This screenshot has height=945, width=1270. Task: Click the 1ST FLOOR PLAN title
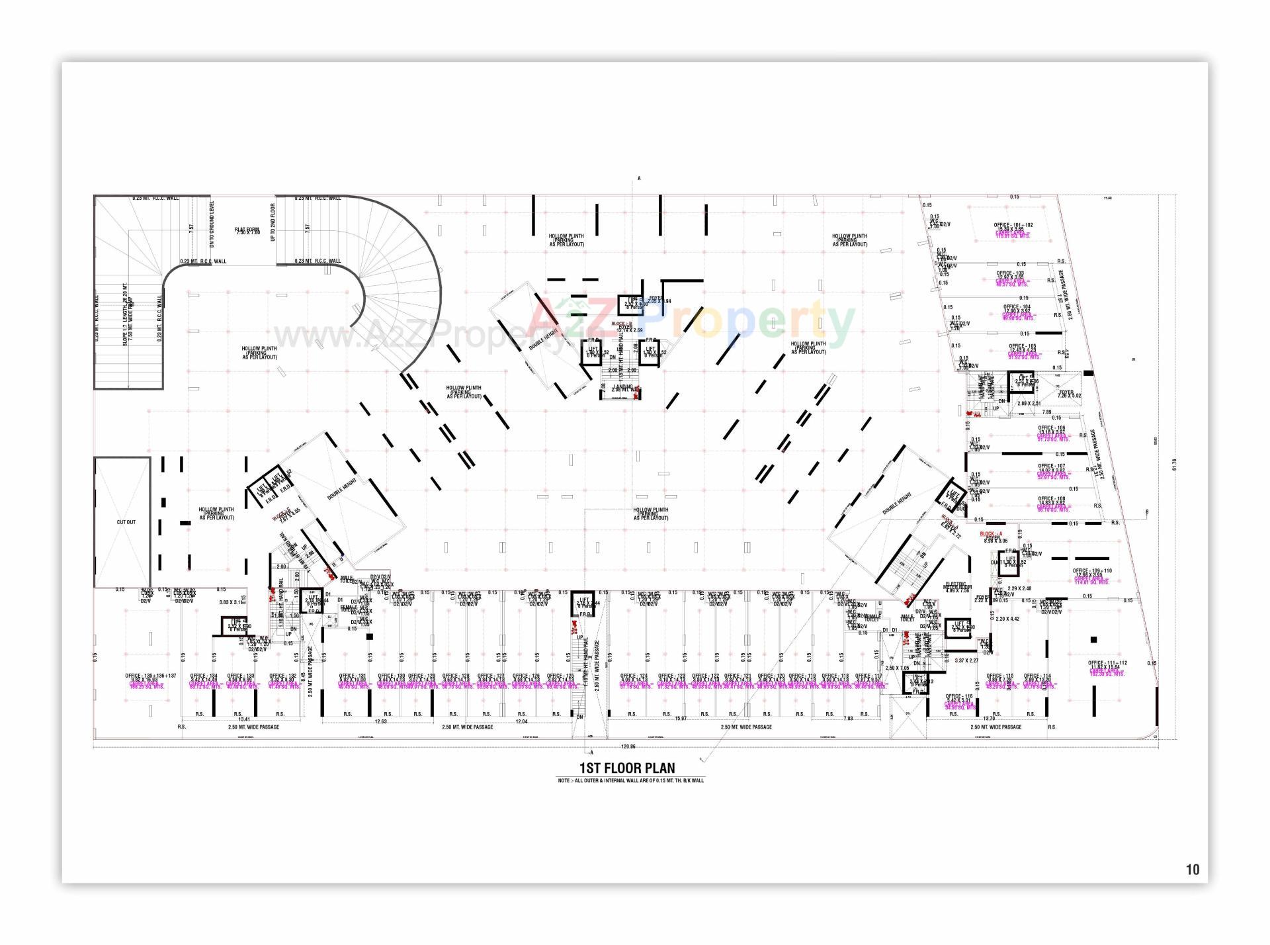tap(627, 768)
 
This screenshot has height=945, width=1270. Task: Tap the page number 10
tap(1192, 870)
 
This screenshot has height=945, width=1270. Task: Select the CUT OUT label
tap(126, 522)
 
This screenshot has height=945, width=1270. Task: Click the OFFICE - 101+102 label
tap(1013, 225)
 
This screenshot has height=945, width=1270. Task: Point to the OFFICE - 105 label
tap(1022, 346)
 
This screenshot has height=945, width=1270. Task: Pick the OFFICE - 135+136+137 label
tap(151, 676)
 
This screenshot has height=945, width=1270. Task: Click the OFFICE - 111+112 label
tap(1107, 663)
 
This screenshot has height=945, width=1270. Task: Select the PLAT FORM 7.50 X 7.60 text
tap(247, 231)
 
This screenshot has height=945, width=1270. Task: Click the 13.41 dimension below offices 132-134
tap(244, 719)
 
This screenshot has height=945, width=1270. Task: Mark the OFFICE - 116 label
tap(959, 697)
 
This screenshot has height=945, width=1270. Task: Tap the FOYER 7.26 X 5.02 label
tap(1066, 394)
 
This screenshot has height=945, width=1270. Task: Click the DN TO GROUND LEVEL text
tap(212, 224)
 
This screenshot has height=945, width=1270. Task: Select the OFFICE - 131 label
tap(353, 676)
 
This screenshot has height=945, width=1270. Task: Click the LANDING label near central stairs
tap(623, 387)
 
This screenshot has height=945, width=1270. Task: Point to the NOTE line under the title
tap(630, 781)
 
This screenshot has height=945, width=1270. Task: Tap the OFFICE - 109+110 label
tap(1092, 570)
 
